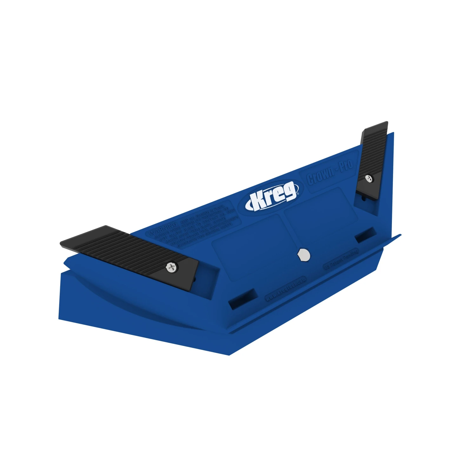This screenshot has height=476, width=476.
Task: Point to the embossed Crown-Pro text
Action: tap(330, 173)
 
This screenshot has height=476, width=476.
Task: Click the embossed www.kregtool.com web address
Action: tap(285, 288)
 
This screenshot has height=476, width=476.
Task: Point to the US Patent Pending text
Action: tap(341, 260)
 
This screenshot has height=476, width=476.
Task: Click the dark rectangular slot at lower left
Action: tap(243, 299)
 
